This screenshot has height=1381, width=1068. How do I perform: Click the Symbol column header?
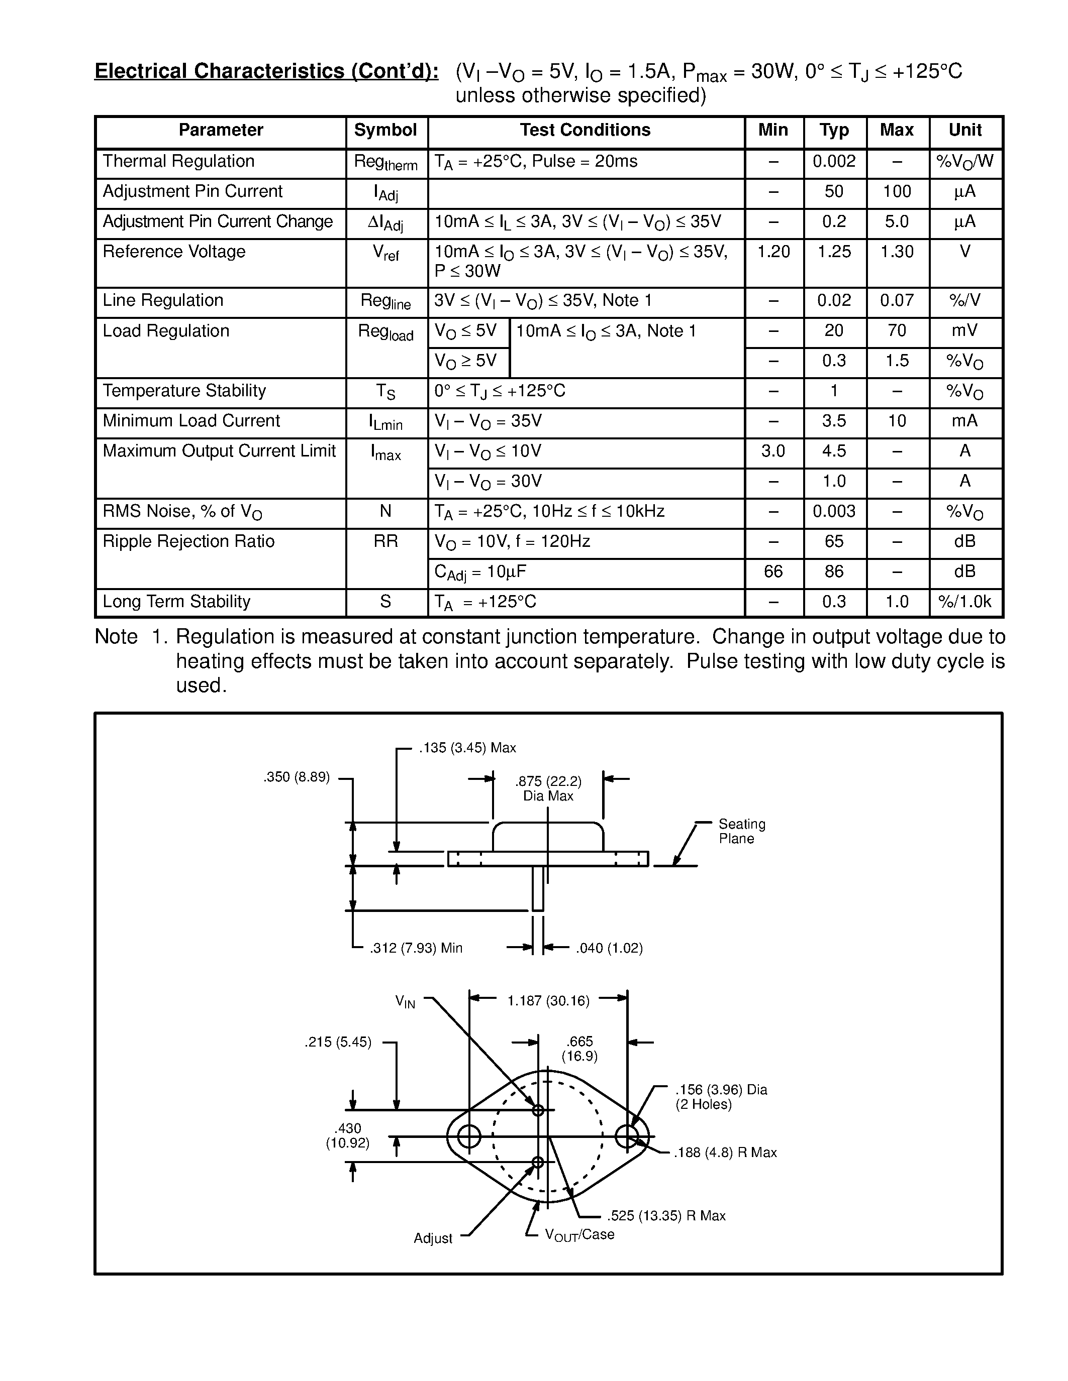(385, 130)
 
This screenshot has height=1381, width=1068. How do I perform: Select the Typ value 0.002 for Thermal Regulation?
(834, 161)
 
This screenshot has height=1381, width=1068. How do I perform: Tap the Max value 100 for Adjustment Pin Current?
(897, 192)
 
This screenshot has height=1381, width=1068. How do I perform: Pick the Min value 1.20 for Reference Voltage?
(773, 252)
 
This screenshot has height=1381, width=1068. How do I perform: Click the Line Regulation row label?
(163, 300)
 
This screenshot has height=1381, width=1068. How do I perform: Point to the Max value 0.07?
(897, 300)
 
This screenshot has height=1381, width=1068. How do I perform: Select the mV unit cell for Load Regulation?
(964, 331)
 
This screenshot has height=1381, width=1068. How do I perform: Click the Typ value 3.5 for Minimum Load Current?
(834, 421)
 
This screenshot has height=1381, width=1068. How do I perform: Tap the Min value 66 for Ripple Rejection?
(773, 571)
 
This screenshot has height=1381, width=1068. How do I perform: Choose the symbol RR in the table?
(385, 542)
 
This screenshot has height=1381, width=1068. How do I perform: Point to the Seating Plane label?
(741, 832)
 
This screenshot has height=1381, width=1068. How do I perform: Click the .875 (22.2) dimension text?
(548, 781)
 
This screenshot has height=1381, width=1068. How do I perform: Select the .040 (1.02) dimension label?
(609, 948)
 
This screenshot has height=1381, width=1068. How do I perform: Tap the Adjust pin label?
(433, 1238)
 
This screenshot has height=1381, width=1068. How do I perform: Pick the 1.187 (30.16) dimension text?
(548, 1001)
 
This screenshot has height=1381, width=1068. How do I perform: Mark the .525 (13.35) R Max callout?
(665, 1215)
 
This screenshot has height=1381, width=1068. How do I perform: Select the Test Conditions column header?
(585, 130)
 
